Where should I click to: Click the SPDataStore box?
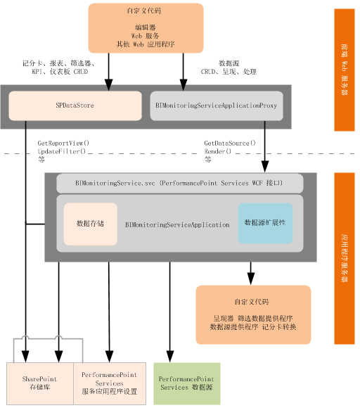point(75,106)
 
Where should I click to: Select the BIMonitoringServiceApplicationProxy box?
point(217,106)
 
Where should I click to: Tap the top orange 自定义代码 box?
point(146,28)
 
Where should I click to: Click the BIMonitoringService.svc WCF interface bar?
point(179,183)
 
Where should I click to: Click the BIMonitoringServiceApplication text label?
point(177,225)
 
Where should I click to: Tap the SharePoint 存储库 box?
point(39,383)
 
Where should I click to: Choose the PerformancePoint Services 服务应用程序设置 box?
point(109,383)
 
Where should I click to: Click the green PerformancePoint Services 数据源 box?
point(186,383)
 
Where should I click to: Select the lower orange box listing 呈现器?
point(252,314)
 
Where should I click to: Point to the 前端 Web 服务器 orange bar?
point(345,70)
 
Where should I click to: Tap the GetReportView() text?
point(63,143)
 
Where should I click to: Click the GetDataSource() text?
point(230,143)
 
